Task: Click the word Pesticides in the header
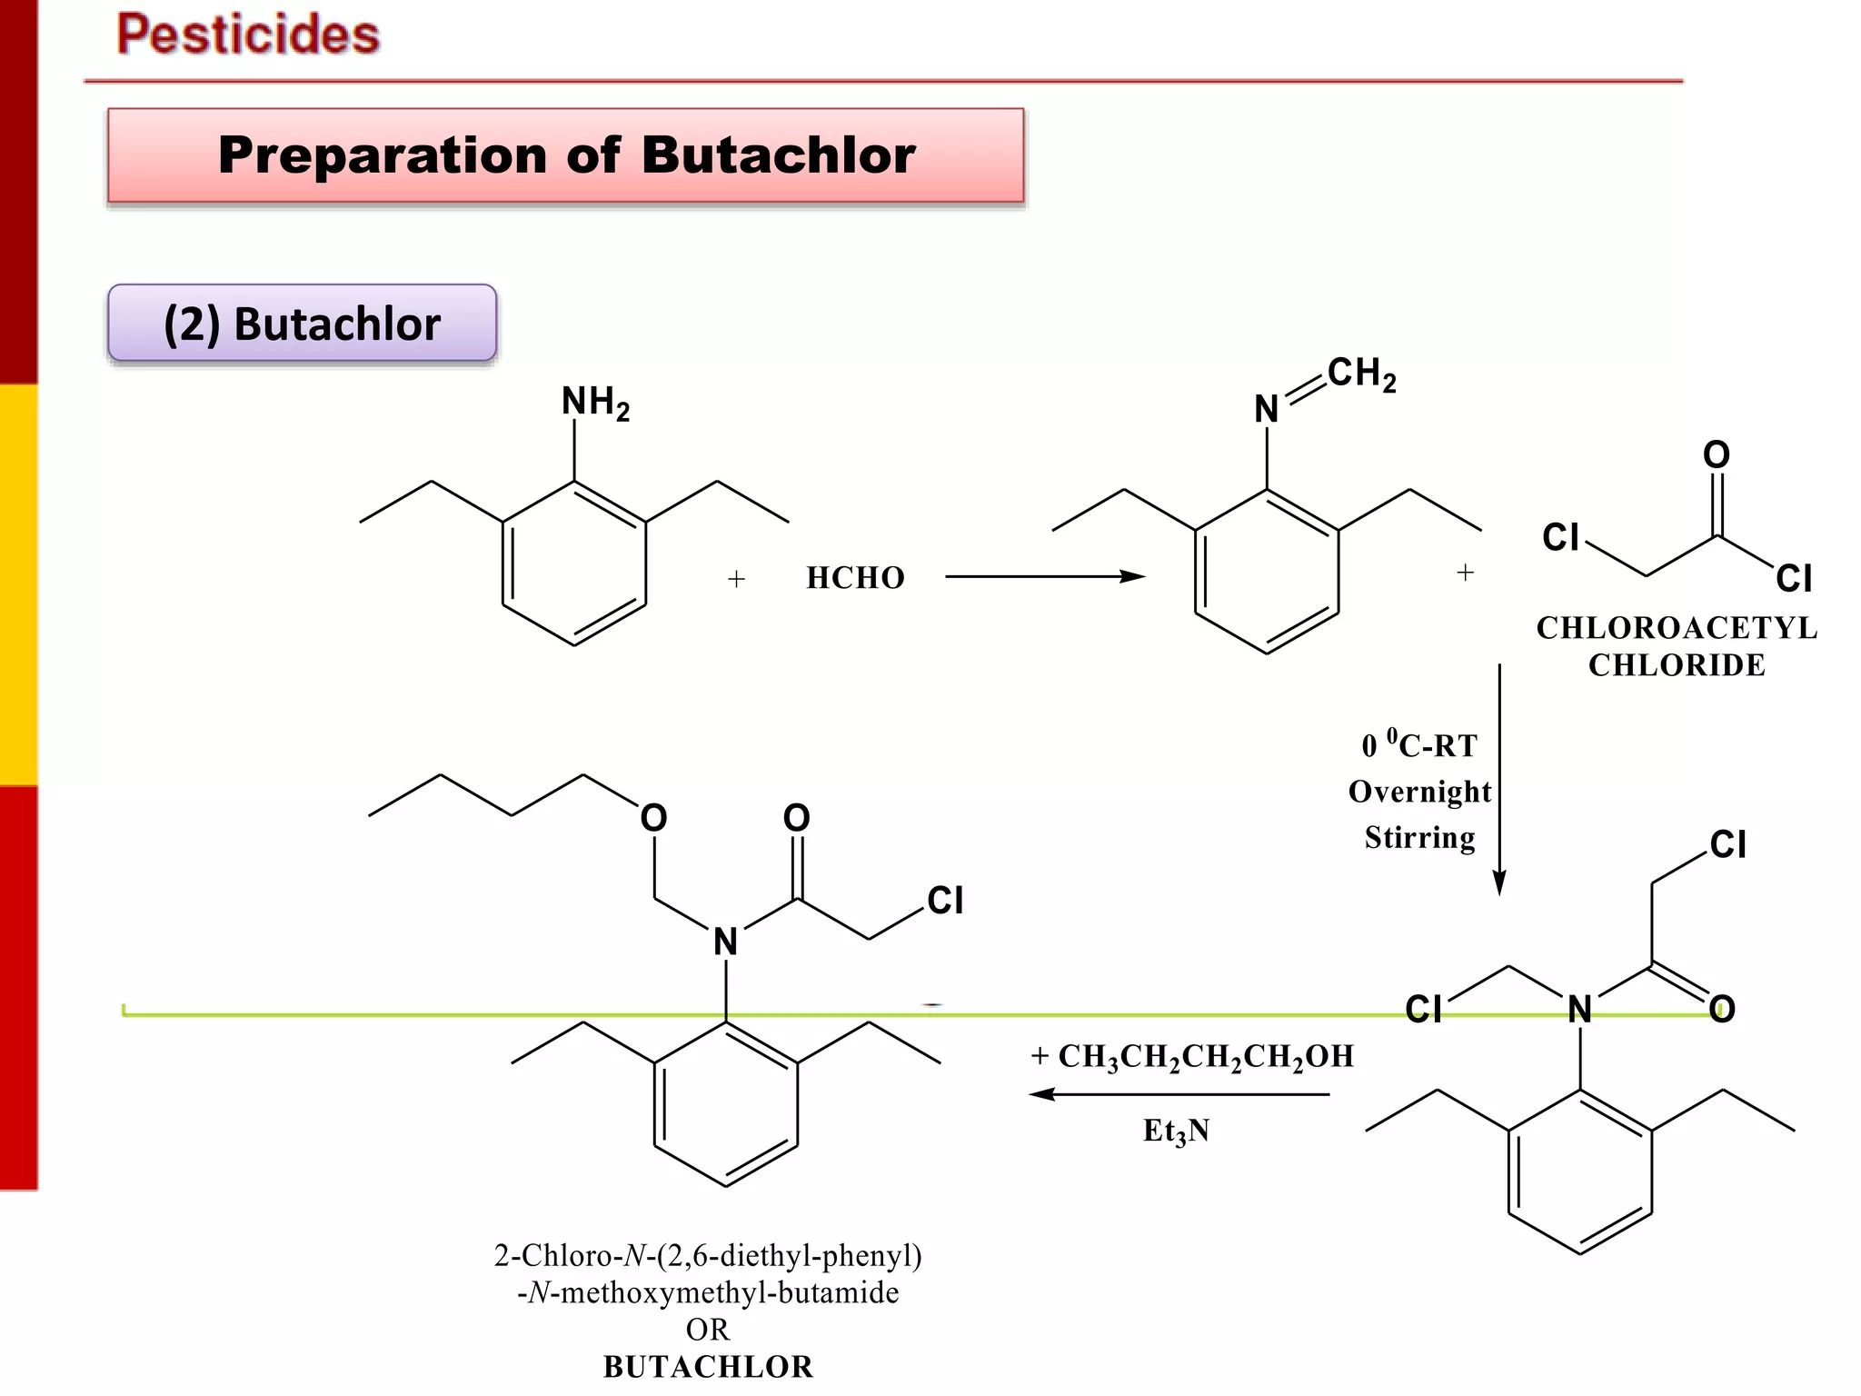248,35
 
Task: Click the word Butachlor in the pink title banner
778,155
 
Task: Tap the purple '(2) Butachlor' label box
302,324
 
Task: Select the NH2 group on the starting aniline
595,402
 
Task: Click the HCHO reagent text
855,578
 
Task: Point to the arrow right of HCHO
1045,576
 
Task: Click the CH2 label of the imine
1360,373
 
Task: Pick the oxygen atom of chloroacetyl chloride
1716,454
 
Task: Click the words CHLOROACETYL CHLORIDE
1677,646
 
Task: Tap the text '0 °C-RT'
1419,745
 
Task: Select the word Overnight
1419,792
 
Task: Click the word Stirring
1419,837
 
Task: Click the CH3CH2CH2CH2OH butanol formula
1206,1056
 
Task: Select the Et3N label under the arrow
1176,1131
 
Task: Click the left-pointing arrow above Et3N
1179,1094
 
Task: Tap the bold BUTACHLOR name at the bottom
708,1367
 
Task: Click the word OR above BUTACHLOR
707,1330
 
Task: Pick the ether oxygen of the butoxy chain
653,818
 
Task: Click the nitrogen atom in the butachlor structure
725,942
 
